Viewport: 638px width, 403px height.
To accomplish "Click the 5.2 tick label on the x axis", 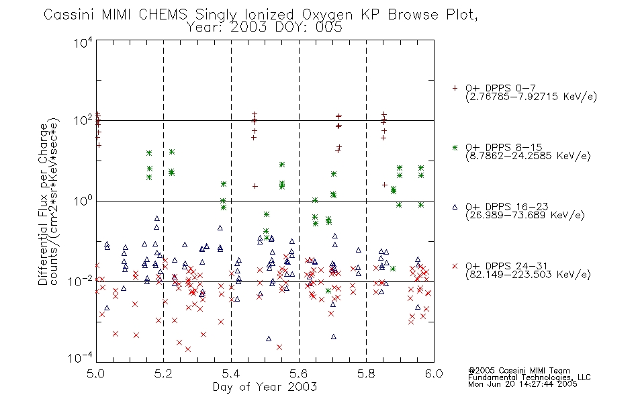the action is pos(164,373).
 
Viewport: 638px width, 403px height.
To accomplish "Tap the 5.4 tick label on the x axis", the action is pos(231,373).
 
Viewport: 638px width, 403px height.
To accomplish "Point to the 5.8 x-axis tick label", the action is pos(366,373).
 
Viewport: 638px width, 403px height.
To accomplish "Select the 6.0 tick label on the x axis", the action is pos(434,373).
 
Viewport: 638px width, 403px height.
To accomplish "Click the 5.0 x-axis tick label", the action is pos(95,373).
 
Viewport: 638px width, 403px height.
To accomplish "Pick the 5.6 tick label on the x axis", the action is pos(299,373).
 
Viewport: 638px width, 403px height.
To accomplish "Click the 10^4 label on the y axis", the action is pos(83,42).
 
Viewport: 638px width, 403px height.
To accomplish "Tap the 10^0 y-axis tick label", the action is pos(83,201).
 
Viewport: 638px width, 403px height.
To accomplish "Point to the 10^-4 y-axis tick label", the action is pos(81,358).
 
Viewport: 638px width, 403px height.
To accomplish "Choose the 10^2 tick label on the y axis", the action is pos(83,121).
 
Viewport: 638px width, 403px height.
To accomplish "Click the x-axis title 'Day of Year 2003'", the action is pos(265,387).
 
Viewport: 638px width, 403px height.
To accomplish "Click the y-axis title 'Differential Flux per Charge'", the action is pos(44,204).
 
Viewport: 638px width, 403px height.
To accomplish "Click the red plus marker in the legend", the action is pos(455,88).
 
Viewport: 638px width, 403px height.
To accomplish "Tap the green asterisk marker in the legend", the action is pos(455,148).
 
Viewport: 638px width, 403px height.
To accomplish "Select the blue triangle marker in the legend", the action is pos(455,207).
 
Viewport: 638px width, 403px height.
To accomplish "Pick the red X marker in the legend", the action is pos(455,266).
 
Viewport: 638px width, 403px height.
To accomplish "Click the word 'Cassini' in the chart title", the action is pos(69,15).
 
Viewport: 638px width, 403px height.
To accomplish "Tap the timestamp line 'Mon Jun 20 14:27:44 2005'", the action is pos(522,384).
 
